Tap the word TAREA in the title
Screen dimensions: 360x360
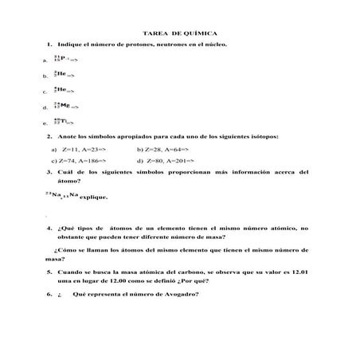(155, 34)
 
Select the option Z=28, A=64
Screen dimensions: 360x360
(172, 150)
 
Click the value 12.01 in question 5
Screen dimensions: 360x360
(299, 272)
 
